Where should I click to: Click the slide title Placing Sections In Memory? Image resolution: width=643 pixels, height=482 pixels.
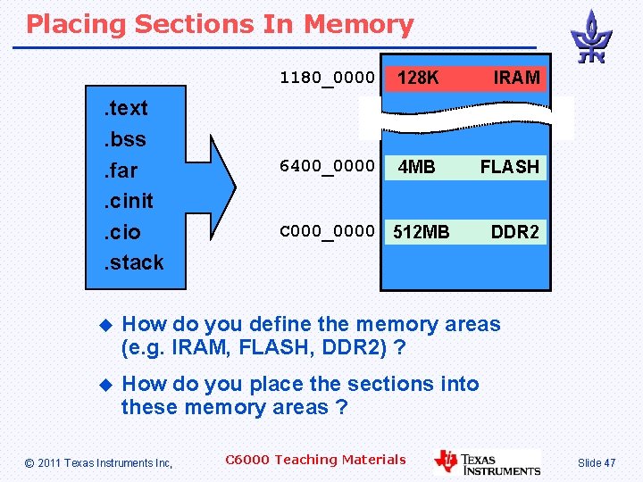coord(220,25)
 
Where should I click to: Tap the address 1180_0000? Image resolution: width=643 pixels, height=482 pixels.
coord(327,78)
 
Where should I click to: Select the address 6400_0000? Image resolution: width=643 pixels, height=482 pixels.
coord(327,165)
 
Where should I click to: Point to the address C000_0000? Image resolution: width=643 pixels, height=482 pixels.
coord(327,231)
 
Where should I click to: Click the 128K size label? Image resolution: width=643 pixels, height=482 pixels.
coord(418,79)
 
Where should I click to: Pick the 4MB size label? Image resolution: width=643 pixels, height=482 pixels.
coord(416,167)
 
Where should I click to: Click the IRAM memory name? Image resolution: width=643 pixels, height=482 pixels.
coord(517,79)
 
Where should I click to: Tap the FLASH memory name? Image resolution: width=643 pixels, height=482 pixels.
coord(510,167)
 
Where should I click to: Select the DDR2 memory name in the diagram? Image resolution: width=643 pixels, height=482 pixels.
coord(515,233)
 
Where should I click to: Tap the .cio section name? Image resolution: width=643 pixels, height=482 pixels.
coord(120,232)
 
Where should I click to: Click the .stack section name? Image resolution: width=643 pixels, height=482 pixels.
coord(131,262)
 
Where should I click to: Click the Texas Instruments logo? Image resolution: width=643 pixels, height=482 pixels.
coord(488,461)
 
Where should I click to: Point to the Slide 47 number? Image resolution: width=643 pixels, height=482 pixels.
coord(597,462)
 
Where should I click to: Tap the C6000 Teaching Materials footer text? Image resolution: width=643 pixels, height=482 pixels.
coord(315,460)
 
